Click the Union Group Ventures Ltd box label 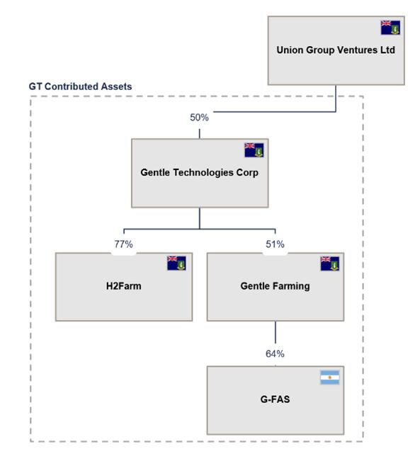[336, 50]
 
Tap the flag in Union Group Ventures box [390, 28]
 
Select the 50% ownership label [199, 118]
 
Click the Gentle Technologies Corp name [199, 172]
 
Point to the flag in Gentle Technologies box [254, 150]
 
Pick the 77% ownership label [123, 244]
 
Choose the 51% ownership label [275, 244]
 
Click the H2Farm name [123, 286]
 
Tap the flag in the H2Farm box [176, 263]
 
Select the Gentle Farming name [275, 286]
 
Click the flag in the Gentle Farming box [329, 263]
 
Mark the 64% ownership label [275, 354]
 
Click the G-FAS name [275, 399]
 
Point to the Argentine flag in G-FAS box [329, 378]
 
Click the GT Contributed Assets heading [80, 86]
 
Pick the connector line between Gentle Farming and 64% [276, 332]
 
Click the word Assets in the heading [116, 86]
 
